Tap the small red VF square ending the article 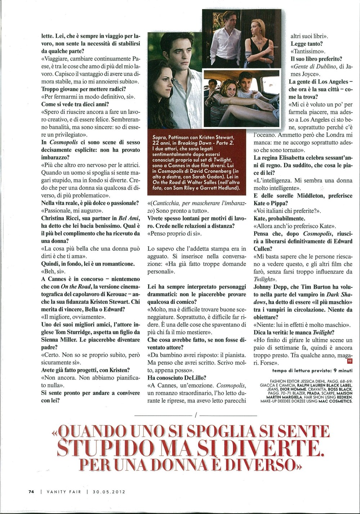pos(348,361)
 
